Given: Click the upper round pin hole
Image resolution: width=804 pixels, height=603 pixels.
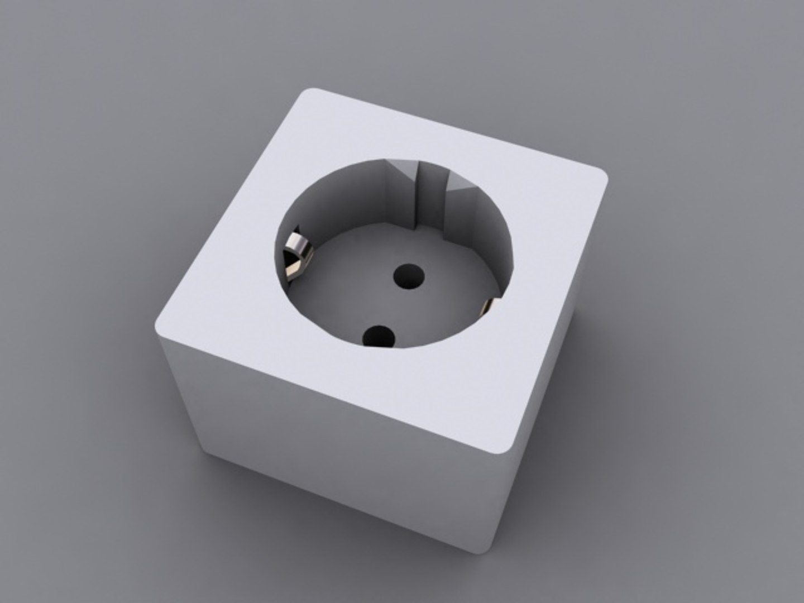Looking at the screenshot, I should pos(409,276).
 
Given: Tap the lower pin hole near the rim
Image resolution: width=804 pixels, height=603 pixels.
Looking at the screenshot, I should pos(379,336).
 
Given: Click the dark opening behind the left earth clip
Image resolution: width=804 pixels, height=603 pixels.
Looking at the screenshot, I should pos(289,262).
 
